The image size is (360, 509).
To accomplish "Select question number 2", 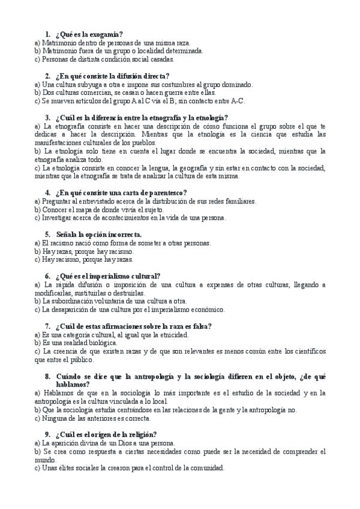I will pyautogui.click(x=47, y=76).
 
